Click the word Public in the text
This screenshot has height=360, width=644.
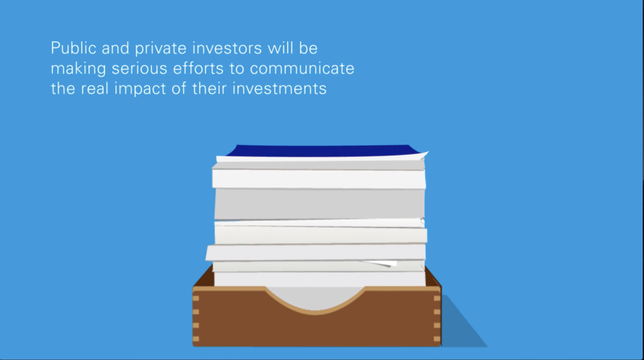[73, 48]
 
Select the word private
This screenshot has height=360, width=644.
[161, 49]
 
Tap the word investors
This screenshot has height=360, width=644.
[227, 48]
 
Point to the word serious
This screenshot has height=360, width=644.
[139, 68]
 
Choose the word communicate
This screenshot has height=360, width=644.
[302, 68]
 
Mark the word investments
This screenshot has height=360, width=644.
[279, 88]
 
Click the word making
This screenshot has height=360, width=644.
[79, 69]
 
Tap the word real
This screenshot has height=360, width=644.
[94, 88]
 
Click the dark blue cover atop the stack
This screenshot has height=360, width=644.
[323, 151]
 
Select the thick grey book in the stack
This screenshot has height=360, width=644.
[319, 204]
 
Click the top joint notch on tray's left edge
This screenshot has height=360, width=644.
[196, 298]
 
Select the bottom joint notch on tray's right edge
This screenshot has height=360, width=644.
[437, 339]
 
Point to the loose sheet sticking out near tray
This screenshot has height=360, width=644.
[380, 264]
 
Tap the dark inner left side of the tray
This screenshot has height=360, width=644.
[203, 277]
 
